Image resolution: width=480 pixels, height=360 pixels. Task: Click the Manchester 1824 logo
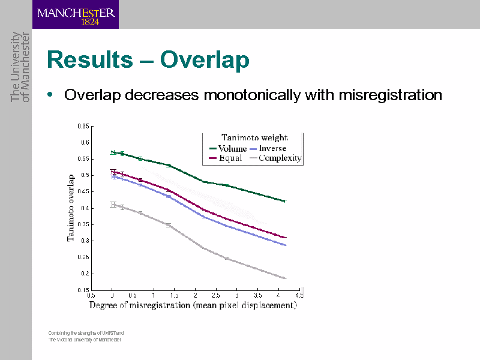point(76,14)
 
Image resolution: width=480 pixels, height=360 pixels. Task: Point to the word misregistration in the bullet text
point(391,95)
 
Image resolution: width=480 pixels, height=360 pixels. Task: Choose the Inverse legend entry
point(272,148)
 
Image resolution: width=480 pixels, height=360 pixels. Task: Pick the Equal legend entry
point(230,158)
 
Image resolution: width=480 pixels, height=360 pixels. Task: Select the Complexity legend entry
point(280,158)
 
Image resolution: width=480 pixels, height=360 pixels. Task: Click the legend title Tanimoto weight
point(254,138)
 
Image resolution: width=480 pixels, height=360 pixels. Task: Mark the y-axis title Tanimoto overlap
point(71,208)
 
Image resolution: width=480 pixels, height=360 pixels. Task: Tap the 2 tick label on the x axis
point(196,295)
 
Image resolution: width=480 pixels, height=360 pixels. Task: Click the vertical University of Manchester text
point(20,66)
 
